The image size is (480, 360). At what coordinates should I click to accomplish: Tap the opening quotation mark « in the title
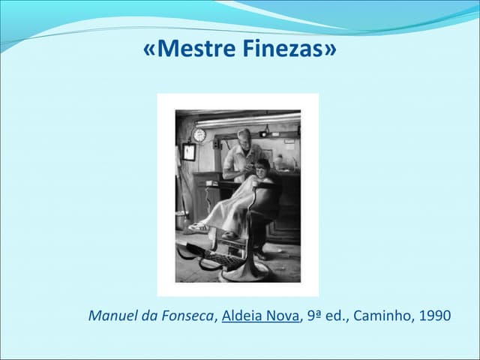pos(149,50)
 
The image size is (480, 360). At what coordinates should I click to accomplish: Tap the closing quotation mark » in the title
pos(329,50)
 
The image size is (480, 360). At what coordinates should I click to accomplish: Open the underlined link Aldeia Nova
pos(259,316)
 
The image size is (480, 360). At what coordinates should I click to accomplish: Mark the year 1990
pos(435,316)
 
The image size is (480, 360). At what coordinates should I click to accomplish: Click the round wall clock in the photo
pos(199,135)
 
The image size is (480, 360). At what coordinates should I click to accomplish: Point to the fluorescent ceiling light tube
pos(247,119)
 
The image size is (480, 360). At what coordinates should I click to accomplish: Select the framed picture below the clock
pos(189,152)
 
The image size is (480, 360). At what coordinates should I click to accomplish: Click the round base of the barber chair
pos(244,271)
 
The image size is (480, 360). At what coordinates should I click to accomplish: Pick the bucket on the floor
pos(181,220)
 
